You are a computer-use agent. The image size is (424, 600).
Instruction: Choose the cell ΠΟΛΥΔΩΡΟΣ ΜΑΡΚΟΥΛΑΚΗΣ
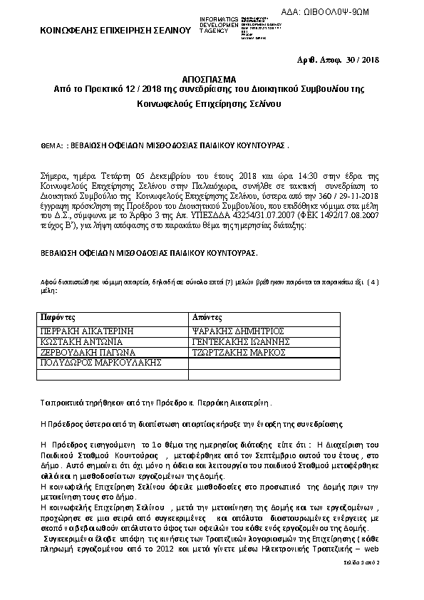[90, 363]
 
